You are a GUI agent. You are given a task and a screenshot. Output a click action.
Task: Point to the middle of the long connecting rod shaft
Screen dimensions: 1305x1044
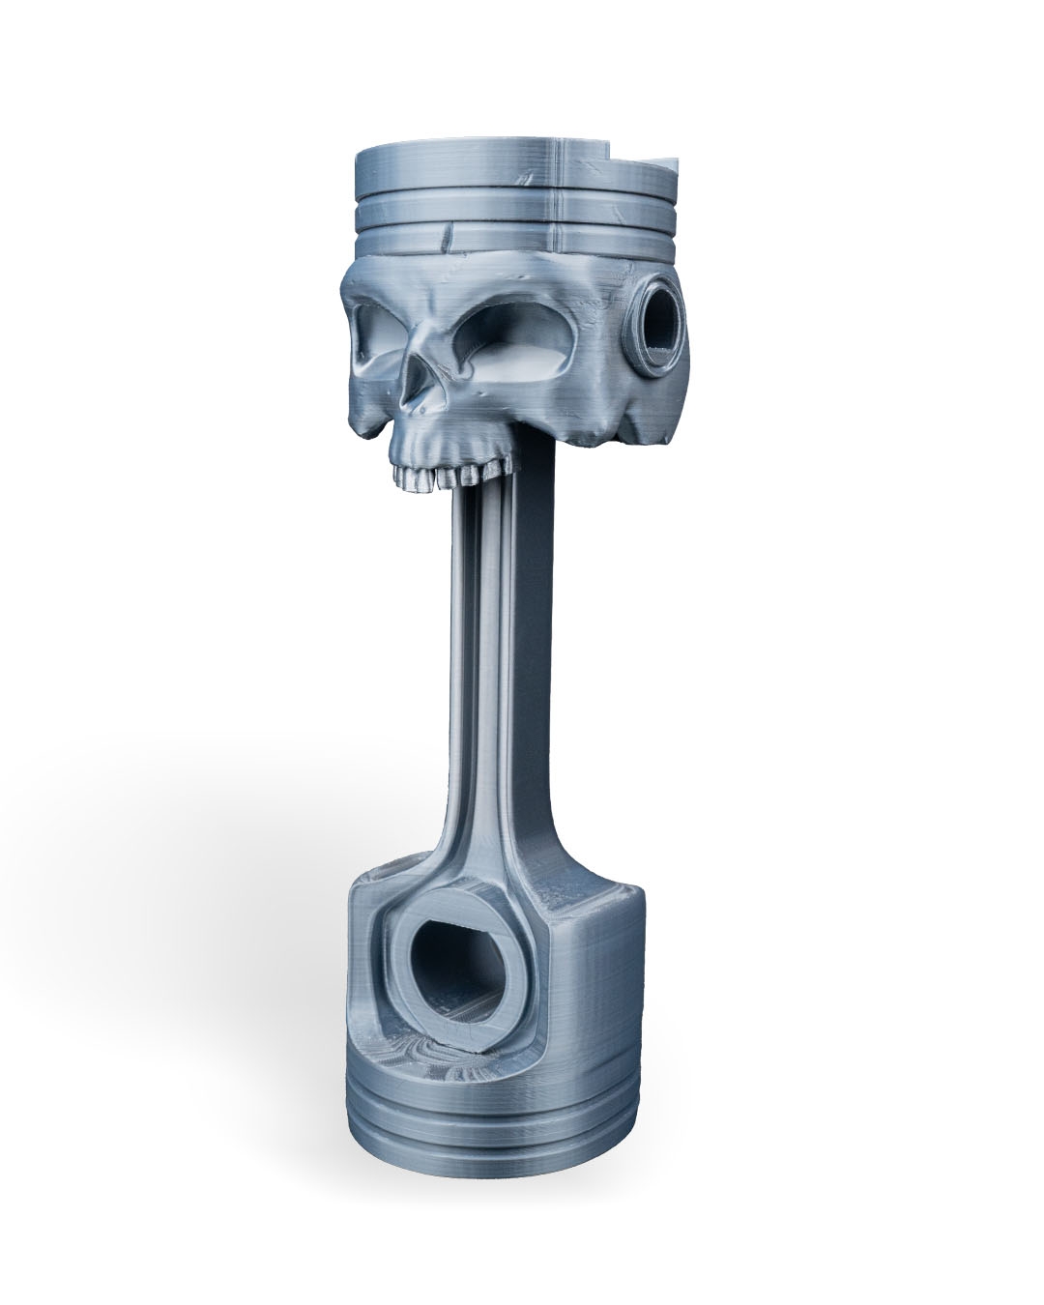(503, 677)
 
